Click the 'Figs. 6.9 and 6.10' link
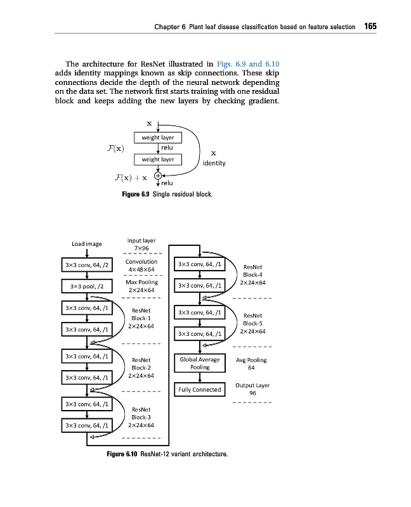(x=248, y=64)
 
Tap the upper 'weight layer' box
(x=158, y=138)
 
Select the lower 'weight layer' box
(x=158, y=159)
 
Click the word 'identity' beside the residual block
(x=213, y=163)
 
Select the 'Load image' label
(x=86, y=244)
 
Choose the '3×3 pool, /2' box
(x=86, y=286)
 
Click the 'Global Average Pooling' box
(x=200, y=363)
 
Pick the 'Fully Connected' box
(x=200, y=389)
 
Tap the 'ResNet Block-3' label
(x=141, y=417)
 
